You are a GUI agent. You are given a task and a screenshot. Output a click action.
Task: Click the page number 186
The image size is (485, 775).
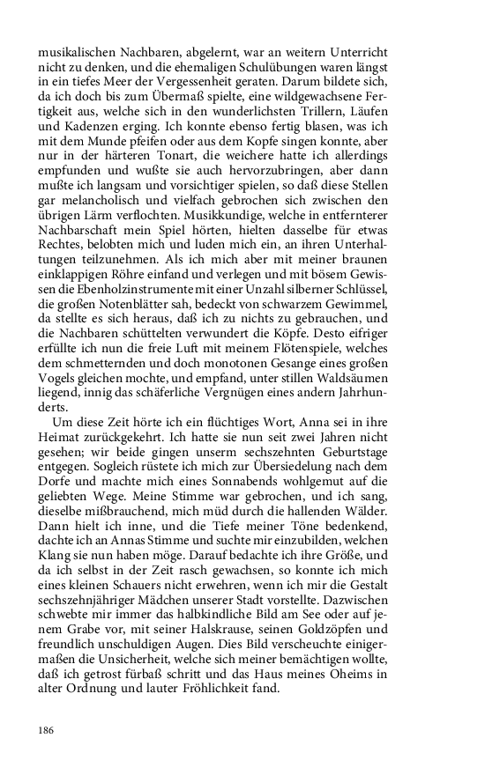point(46,730)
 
